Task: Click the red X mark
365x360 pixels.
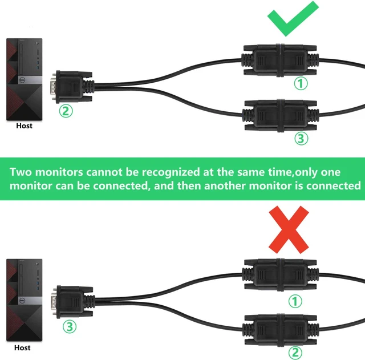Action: pyautogui.click(x=289, y=229)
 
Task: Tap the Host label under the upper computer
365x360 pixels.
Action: pyautogui.click(x=24, y=126)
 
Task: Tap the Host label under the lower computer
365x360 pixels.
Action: pyautogui.click(x=22, y=347)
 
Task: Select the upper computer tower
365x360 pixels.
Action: pyautogui.click(x=24, y=79)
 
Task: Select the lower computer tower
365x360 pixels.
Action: pyautogui.click(x=24, y=300)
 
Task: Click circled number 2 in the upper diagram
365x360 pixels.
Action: pyautogui.click(x=66, y=111)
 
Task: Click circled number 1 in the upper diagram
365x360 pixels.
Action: pyautogui.click(x=301, y=83)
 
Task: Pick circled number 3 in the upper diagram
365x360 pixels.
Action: pyautogui.click(x=301, y=138)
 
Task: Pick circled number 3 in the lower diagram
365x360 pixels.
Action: pyautogui.click(x=70, y=326)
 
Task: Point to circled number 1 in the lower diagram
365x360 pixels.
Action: pyautogui.click(x=295, y=301)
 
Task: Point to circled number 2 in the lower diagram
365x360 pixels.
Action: pyautogui.click(x=295, y=353)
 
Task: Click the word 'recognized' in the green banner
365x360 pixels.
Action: pyautogui.click(x=171, y=172)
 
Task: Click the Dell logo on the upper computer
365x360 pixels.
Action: pyautogui.click(x=23, y=80)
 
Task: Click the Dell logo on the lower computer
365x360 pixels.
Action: pyautogui.click(x=23, y=301)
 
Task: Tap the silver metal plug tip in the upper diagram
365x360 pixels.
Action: pyautogui.click(x=53, y=87)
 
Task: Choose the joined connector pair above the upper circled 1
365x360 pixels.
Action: pyautogui.click(x=280, y=60)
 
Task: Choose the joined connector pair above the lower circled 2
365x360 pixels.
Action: pyautogui.click(x=281, y=330)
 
